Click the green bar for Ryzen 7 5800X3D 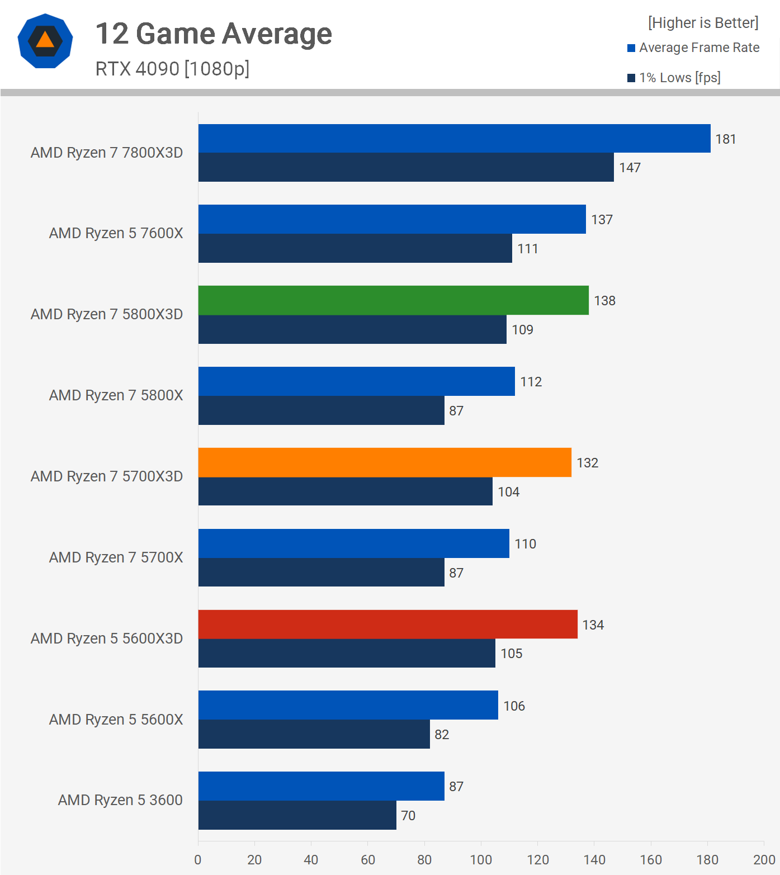pos(393,300)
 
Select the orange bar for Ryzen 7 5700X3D pos(385,462)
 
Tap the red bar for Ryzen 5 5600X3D pos(387,625)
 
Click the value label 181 pos(726,139)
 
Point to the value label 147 pos(630,168)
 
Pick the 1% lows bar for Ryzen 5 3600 pos(297,815)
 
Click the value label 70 pos(408,816)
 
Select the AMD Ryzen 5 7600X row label pos(116,233)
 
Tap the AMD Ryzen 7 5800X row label pos(116,395)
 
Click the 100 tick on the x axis pos(481,860)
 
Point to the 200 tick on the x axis pos(764,860)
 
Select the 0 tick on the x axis pos(198,860)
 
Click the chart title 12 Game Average pos(214,34)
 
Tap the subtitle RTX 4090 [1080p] pos(172,69)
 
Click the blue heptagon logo pos(45,41)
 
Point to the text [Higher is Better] pos(703,23)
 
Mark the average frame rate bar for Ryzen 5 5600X pos(348,705)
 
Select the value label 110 pos(525,544)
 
